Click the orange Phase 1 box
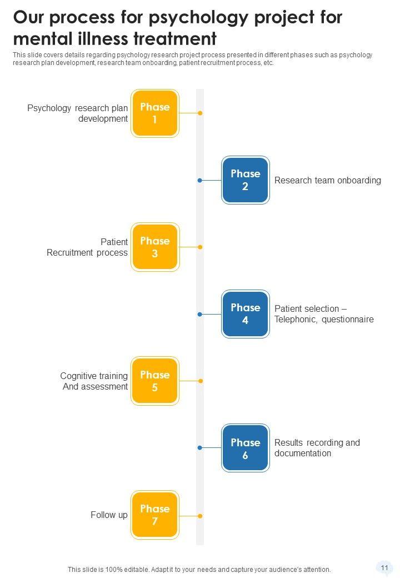[x=154, y=113]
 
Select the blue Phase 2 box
[x=245, y=180]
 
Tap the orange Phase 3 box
[x=154, y=247]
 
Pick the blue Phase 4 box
[x=245, y=314]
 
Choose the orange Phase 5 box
[x=154, y=381]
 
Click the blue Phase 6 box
[x=245, y=448]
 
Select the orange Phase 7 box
[x=154, y=515]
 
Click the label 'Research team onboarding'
[x=328, y=180]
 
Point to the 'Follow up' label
[x=109, y=515]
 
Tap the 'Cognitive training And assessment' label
[x=94, y=381]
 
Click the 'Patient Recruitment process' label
[x=88, y=247]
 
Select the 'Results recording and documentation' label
[x=317, y=448]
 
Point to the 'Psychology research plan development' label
[x=78, y=113]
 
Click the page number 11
[x=384, y=568]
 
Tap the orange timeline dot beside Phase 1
[x=200, y=113]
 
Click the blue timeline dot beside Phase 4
[x=199, y=314]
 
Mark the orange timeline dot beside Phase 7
[x=200, y=516]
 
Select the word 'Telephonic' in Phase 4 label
[x=295, y=320]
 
